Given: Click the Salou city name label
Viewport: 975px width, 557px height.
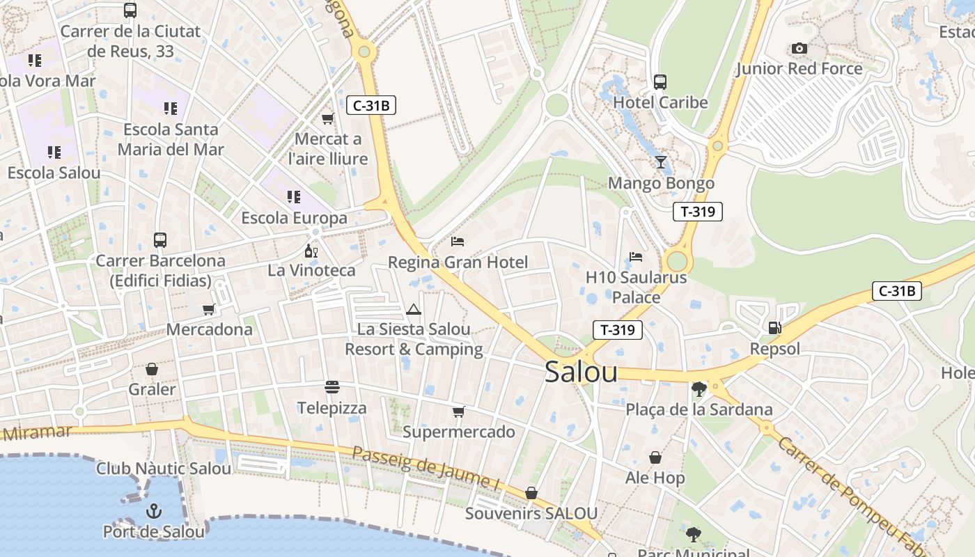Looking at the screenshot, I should coord(581,372).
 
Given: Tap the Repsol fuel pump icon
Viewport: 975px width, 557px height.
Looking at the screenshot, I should coord(774,328).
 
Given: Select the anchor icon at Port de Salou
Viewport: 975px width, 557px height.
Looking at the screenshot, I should coord(153,512).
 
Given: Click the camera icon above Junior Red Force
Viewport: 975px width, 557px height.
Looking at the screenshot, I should coord(799,48).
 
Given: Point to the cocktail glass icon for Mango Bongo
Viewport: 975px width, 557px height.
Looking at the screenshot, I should coord(661,162).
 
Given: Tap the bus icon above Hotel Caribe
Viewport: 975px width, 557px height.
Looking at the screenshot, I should coord(660,82).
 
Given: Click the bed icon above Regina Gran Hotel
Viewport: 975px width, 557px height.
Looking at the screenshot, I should coord(458,242).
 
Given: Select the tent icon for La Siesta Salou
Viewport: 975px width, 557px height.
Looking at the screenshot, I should coord(414,309).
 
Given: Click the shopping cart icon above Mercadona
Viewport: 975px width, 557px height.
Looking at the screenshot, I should coord(209,309).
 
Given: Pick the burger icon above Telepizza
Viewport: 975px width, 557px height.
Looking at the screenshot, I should coord(332,386).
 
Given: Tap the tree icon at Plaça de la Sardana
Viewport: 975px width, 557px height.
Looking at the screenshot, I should coord(699,389).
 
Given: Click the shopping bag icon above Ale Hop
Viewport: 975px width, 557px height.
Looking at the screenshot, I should coord(655,457).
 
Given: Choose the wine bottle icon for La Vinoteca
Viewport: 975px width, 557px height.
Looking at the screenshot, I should coord(311,250).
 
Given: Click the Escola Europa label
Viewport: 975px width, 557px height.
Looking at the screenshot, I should coord(294,218).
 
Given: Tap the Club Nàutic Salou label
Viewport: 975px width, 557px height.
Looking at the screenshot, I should coord(164,469).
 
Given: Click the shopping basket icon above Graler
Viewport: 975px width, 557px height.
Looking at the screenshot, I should coord(152,369).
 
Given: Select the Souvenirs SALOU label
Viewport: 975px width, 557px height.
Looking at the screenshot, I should coord(531,514).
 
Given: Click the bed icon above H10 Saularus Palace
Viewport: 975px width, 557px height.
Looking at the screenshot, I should coord(636,256).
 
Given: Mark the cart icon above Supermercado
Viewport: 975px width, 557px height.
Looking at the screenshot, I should coord(458,411).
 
